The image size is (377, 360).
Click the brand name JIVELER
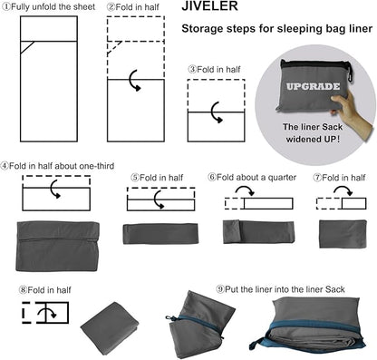tap(209, 6)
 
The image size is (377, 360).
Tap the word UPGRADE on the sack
tap(313, 86)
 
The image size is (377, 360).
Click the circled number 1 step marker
tap(6, 7)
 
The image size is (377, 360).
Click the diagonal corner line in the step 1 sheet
tap(27, 47)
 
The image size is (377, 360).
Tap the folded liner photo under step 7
tap(343, 234)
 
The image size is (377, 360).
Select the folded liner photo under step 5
tap(160, 233)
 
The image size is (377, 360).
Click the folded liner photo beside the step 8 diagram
tap(110, 326)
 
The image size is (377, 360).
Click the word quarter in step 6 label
tap(282, 178)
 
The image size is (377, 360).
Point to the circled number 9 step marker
tap(220, 289)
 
